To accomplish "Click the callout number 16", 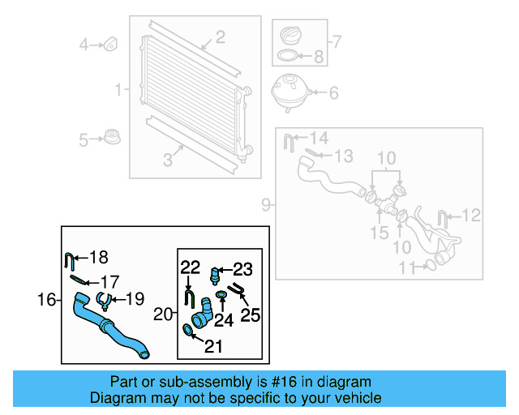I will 46,301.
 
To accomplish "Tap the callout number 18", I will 97,258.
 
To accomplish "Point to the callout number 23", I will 243,269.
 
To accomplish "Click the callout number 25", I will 251,314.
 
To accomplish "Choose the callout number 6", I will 333,93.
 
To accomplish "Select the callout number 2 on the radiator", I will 220,36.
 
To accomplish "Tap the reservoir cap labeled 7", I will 290,36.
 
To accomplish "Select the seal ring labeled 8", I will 287,57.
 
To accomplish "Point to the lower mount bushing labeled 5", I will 113,137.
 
